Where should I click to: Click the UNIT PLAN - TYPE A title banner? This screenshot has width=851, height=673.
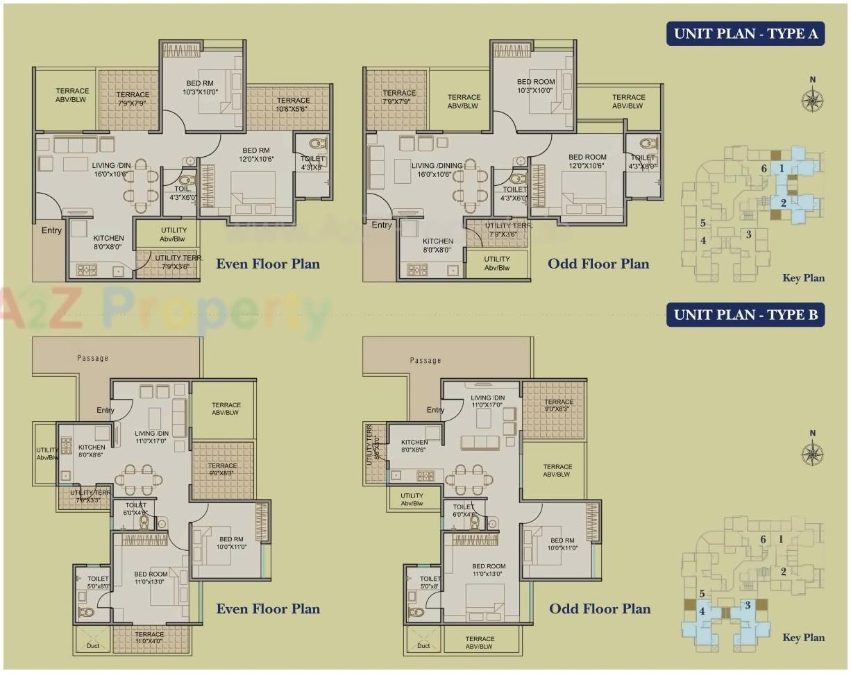pos(745,33)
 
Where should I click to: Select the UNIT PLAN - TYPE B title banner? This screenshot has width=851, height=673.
pos(745,315)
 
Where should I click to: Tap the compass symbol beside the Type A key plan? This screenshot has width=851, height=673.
pos(812,100)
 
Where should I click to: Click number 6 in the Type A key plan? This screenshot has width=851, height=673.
pos(764,169)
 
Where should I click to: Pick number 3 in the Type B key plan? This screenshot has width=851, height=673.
pos(748,605)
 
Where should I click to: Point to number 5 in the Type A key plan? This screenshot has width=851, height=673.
pos(703,223)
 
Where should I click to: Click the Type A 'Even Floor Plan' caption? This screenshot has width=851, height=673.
pos(268,264)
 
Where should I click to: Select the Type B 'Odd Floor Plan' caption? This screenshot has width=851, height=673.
pos(600,609)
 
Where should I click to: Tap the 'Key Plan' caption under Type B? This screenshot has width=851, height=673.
pos(804,638)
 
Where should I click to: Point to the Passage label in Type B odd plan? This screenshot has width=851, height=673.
pos(426,360)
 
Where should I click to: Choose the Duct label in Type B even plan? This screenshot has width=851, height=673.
pos(93,646)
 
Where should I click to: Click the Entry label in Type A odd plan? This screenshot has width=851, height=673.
pos(381,225)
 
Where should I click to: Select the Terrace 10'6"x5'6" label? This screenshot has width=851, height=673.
pos(292,105)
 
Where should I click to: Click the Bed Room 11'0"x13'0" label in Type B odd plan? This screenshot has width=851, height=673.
pos(489,570)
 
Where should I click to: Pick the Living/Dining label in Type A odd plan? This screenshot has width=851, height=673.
pos(437,170)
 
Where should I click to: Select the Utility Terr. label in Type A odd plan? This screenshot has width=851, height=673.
pos(509,229)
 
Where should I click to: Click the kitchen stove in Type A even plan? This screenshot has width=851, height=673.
pos(87,269)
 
